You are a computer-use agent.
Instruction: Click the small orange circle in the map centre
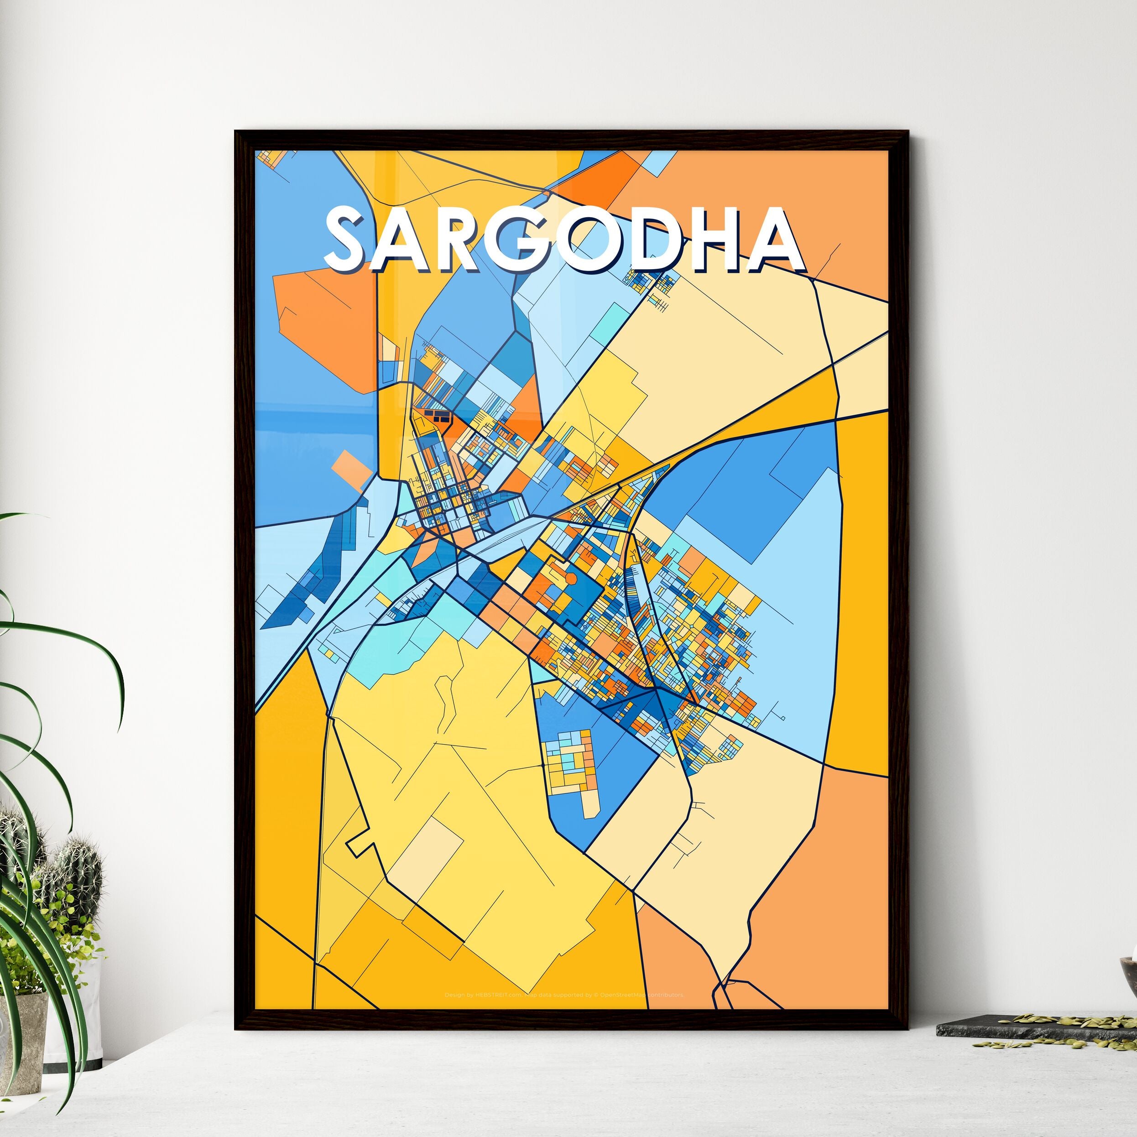tap(570, 579)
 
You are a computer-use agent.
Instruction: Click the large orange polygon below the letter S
tap(327, 329)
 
